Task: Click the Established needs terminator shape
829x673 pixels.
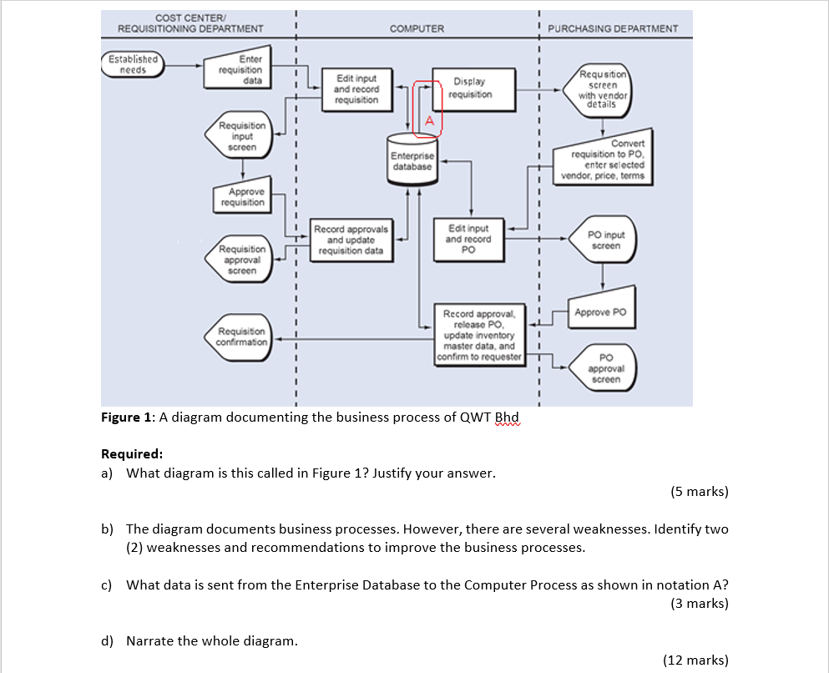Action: point(133,64)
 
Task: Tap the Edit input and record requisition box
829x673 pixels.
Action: point(356,89)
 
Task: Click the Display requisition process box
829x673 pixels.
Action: point(469,88)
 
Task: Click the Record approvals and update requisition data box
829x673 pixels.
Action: point(351,240)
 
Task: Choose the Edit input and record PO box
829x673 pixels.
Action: point(468,239)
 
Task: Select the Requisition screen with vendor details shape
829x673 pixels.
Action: point(602,89)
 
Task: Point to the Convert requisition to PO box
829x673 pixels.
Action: point(604,159)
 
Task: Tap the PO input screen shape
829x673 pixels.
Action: point(604,240)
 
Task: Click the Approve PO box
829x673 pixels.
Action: point(602,311)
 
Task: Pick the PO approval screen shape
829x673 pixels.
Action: point(604,368)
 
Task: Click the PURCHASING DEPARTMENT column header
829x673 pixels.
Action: point(613,28)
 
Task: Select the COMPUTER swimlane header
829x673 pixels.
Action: point(417,28)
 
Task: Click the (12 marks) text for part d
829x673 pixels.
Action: point(695,660)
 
